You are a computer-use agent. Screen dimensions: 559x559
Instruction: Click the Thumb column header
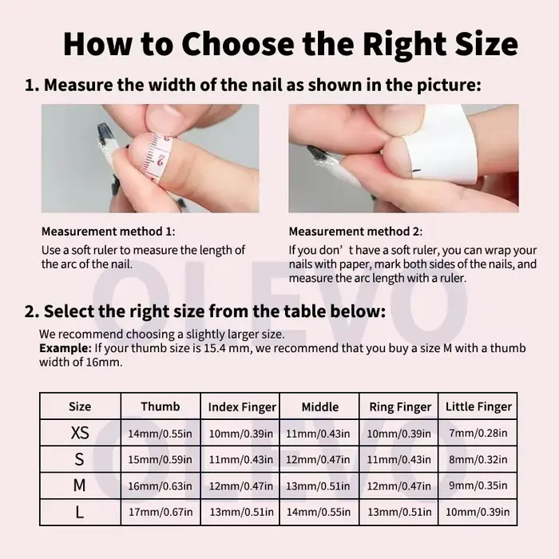tap(161, 406)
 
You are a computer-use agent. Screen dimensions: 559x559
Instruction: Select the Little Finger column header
tap(478, 406)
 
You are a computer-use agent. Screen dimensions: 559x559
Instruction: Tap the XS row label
tap(80, 433)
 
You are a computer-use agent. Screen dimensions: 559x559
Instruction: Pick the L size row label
tap(80, 513)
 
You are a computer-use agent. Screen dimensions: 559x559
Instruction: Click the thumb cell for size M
tap(160, 486)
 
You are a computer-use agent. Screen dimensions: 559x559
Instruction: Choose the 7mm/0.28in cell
tap(478, 433)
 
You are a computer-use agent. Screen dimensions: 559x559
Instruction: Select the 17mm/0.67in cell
tap(161, 512)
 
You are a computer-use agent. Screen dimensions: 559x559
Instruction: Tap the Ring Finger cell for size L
tap(399, 512)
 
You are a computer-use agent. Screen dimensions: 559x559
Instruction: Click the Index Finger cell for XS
tap(241, 434)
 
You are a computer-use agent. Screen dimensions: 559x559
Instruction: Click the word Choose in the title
tap(238, 44)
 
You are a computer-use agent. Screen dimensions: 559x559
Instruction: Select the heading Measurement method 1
tap(109, 232)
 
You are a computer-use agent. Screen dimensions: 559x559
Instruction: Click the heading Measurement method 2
tap(355, 232)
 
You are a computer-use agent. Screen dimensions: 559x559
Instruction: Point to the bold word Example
tap(65, 348)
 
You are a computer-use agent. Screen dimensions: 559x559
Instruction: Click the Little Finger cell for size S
tap(478, 459)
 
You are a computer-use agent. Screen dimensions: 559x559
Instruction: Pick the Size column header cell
tap(80, 406)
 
